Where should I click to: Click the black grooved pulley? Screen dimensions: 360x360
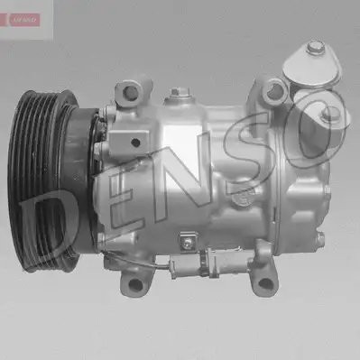point(42,180)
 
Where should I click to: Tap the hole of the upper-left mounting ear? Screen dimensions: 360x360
point(130,91)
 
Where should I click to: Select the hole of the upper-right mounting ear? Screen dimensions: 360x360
point(274,89)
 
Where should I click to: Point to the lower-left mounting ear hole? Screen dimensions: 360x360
point(135,284)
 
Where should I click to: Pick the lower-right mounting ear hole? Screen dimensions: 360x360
point(265,283)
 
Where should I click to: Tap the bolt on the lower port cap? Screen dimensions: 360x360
point(328,115)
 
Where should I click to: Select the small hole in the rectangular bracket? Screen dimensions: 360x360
point(135,143)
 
